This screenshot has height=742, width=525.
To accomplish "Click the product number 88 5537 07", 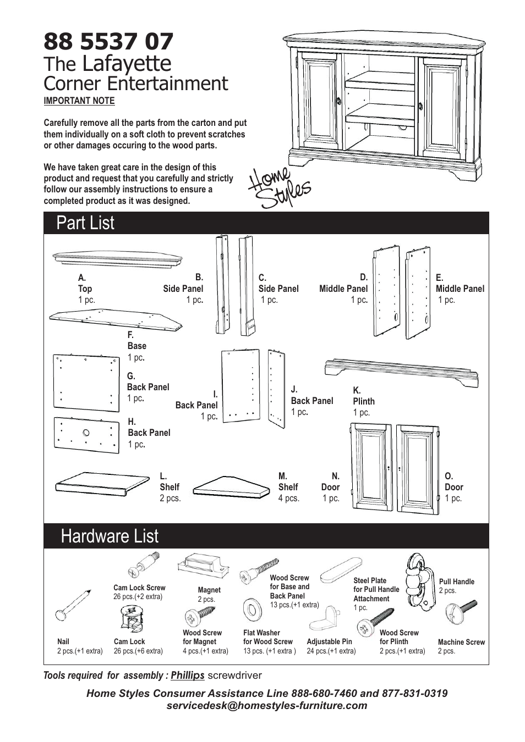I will pyautogui.click(x=108, y=42).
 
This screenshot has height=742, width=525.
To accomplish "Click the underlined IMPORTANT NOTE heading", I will pyautogui.click(x=79, y=101).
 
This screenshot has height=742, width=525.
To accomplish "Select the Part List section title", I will pyautogui.click(x=85, y=223).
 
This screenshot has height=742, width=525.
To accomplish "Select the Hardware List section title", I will pyautogui.click(x=110, y=536).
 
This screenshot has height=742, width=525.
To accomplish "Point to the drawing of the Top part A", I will pyautogui.click(x=117, y=258).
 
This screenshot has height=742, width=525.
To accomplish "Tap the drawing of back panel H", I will pyautogui.click(x=86, y=435).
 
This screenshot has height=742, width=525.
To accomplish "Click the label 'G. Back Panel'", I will pyautogui.click(x=147, y=387).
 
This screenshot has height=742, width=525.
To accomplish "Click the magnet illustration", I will pyautogui.click(x=202, y=565).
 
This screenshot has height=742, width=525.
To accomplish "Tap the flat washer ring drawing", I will pyautogui.click(x=253, y=609).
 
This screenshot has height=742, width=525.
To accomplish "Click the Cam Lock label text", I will pyautogui.click(x=129, y=641).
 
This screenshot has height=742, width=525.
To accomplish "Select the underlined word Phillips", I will pyautogui.click(x=187, y=675).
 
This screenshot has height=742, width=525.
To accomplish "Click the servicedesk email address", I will pyautogui.click(x=267, y=706).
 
